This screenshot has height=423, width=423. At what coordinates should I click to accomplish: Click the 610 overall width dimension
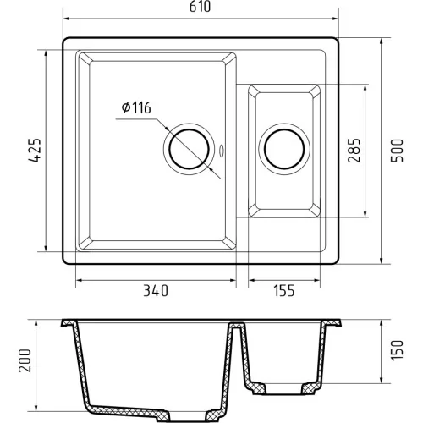click(x=200, y=7)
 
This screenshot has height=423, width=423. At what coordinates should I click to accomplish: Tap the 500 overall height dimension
click(x=397, y=151)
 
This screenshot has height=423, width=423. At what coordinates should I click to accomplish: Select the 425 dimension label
click(x=35, y=151)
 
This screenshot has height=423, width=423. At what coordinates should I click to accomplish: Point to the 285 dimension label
click(x=354, y=151)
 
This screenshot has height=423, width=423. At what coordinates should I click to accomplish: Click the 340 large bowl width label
click(x=156, y=291)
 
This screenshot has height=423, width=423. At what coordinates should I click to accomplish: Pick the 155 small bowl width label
click(x=284, y=291)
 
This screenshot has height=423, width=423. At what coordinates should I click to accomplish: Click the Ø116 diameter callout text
click(x=136, y=107)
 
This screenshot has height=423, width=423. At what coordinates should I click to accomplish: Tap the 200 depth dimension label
click(x=25, y=360)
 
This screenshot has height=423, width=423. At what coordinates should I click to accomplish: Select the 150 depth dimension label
click(x=397, y=349)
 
